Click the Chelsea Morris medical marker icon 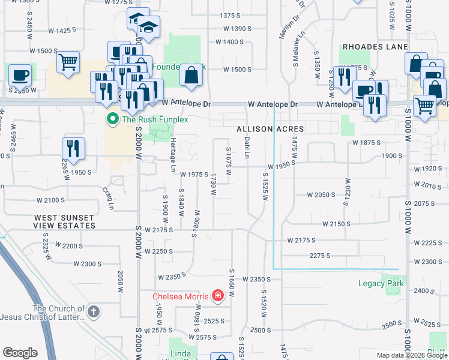point(217,296)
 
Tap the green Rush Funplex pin point(112,119)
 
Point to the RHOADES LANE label point(376,47)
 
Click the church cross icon point(93,311)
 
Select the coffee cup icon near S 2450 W point(20,75)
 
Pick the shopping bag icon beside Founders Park point(191,75)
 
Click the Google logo point(20,353)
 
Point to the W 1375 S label point(235,15)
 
